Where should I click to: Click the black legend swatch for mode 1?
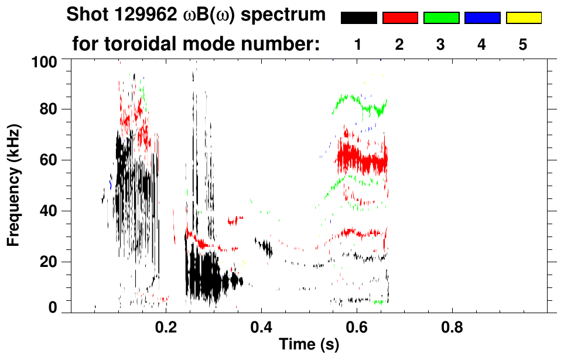pyautogui.click(x=358, y=18)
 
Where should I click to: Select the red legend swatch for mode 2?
pyautogui.click(x=400, y=18)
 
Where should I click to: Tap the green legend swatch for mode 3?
pyautogui.click(x=441, y=18)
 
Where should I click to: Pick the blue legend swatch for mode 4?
pyautogui.click(x=482, y=18)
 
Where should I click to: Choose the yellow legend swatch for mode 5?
pyautogui.click(x=524, y=18)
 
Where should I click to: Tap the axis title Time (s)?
pyautogui.click(x=309, y=345)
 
